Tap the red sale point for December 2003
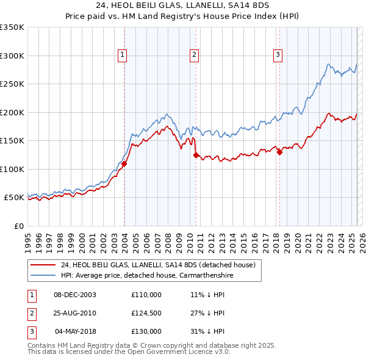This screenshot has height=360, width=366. (124, 164)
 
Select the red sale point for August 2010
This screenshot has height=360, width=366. (196, 156)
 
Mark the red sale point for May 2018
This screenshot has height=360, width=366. (279, 153)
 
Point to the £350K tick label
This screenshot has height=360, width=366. (12, 27)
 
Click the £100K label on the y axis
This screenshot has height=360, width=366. (12, 169)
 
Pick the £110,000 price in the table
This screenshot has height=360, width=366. (146, 295)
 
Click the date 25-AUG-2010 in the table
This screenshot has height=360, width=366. (75, 313)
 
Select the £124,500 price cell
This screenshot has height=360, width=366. (146, 313)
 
